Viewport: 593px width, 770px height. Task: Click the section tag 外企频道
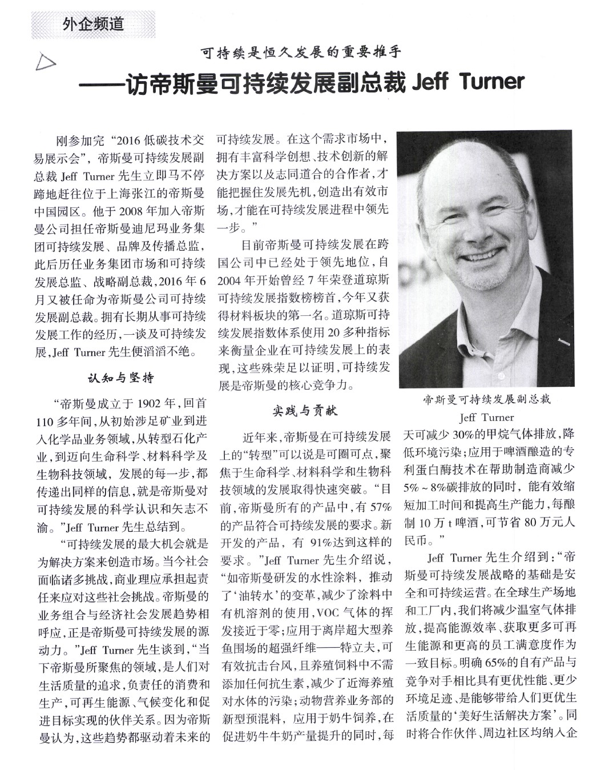(93, 25)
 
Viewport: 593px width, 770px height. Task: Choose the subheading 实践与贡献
(304, 410)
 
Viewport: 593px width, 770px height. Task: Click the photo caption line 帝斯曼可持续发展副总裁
(486, 400)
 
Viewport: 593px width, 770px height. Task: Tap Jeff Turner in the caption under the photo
(486, 417)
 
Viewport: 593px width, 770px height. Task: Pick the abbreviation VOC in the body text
(328, 614)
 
